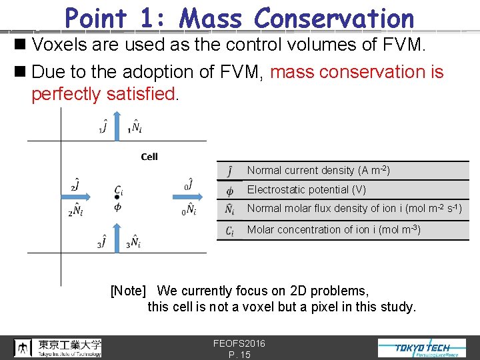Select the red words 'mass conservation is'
tap(357, 72)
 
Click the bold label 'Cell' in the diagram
tap(149, 157)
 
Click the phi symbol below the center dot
tap(117, 207)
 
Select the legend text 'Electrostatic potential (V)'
tap(306, 190)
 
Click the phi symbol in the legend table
tap(229, 190)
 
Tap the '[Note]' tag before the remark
tap(128, 291)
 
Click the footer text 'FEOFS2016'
tap(239, 343)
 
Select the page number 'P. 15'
tap(239, 355)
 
